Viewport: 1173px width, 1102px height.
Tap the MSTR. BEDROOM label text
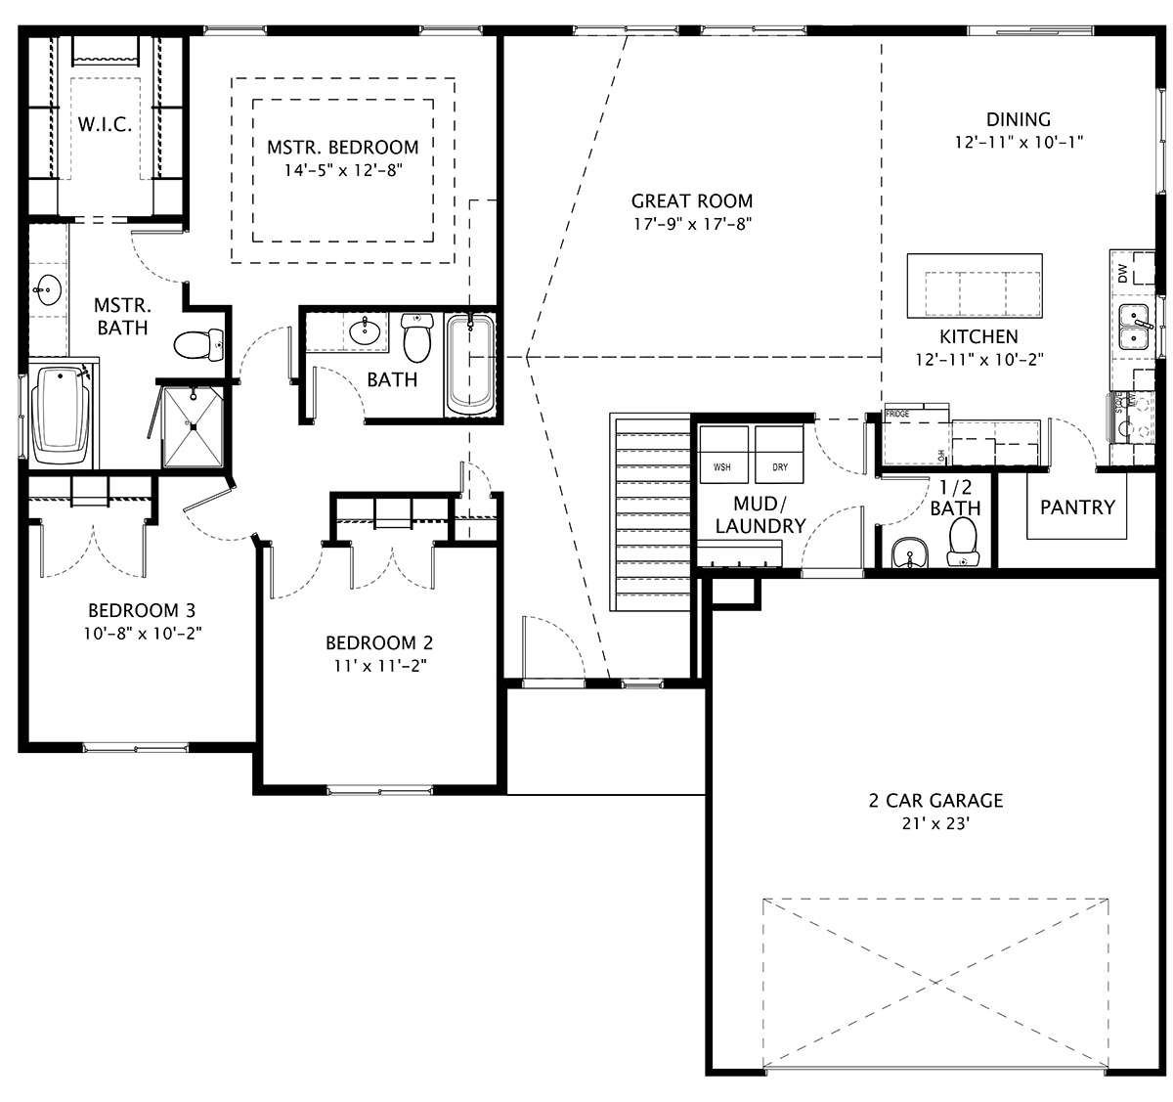(342, 148)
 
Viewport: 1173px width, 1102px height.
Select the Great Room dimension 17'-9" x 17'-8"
(691, 224)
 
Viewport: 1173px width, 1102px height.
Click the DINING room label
(1018, 119)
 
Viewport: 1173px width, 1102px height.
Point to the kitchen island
(976, 287)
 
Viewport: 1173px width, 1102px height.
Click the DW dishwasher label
(1121, 274)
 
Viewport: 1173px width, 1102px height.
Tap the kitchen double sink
(1134, 327)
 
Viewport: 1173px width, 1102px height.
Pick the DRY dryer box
(779, 456)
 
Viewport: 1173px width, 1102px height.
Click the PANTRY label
(1077, 507)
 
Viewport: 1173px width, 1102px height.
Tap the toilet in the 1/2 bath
(963, 543)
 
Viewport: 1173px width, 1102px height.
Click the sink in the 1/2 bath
(910, 552)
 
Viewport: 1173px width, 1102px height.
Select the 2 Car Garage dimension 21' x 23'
(935, 824)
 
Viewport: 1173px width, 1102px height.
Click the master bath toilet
(195, 344)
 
